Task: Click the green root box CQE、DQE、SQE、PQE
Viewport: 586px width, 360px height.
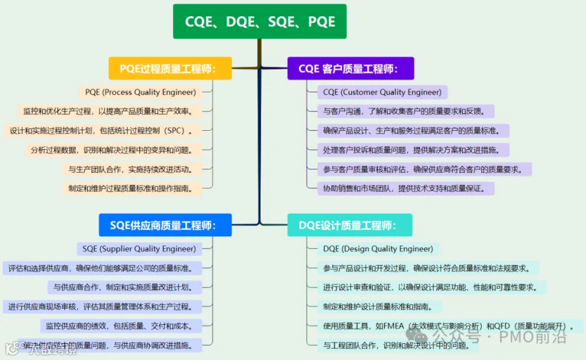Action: [259, 21]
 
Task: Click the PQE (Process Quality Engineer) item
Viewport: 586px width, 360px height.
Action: [140, 92]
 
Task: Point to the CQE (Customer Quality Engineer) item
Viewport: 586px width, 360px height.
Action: [382, 92]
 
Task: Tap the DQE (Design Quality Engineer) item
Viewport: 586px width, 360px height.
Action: [378, 249]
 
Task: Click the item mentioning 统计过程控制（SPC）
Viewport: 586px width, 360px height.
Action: [102, 130]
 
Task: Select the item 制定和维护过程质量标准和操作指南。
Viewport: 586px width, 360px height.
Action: [131, 188]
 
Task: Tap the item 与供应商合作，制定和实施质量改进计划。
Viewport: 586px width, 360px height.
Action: [124, 287]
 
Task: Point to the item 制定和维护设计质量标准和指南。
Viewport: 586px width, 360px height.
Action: [382, 307]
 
